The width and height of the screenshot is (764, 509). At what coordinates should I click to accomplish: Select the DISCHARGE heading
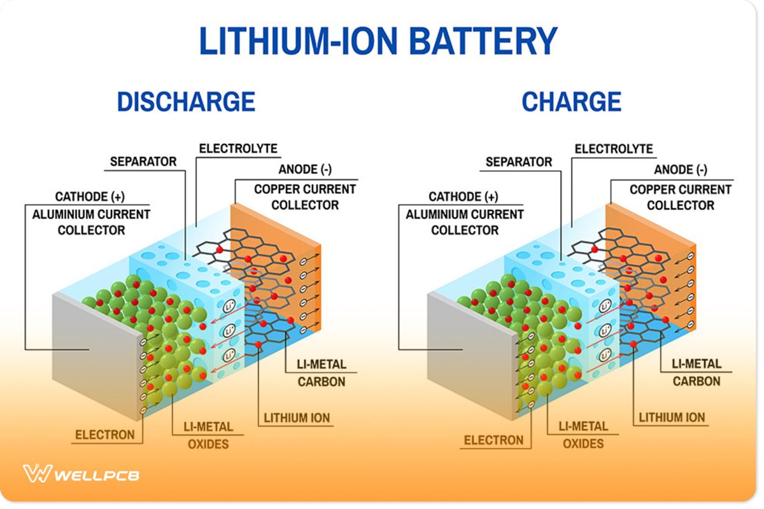186,102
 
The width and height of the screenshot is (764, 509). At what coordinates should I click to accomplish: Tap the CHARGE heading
571,102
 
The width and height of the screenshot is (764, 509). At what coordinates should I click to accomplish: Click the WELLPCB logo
81,475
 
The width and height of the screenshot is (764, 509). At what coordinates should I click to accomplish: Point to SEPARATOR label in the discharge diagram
143,162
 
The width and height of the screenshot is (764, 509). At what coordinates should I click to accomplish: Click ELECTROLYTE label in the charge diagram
614,149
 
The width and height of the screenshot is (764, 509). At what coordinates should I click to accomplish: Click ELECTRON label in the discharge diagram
105,435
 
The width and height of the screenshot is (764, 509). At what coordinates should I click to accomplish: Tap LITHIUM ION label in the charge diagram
672,418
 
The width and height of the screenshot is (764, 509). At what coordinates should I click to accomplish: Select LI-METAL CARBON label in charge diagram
697,373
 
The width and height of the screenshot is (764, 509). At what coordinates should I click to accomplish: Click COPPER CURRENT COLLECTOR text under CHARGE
681,197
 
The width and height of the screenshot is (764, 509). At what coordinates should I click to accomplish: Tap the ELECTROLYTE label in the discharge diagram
238,149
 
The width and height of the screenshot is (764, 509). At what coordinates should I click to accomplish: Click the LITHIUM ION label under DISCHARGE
297,418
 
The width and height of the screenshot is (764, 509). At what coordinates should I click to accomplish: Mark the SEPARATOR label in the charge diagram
519,162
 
